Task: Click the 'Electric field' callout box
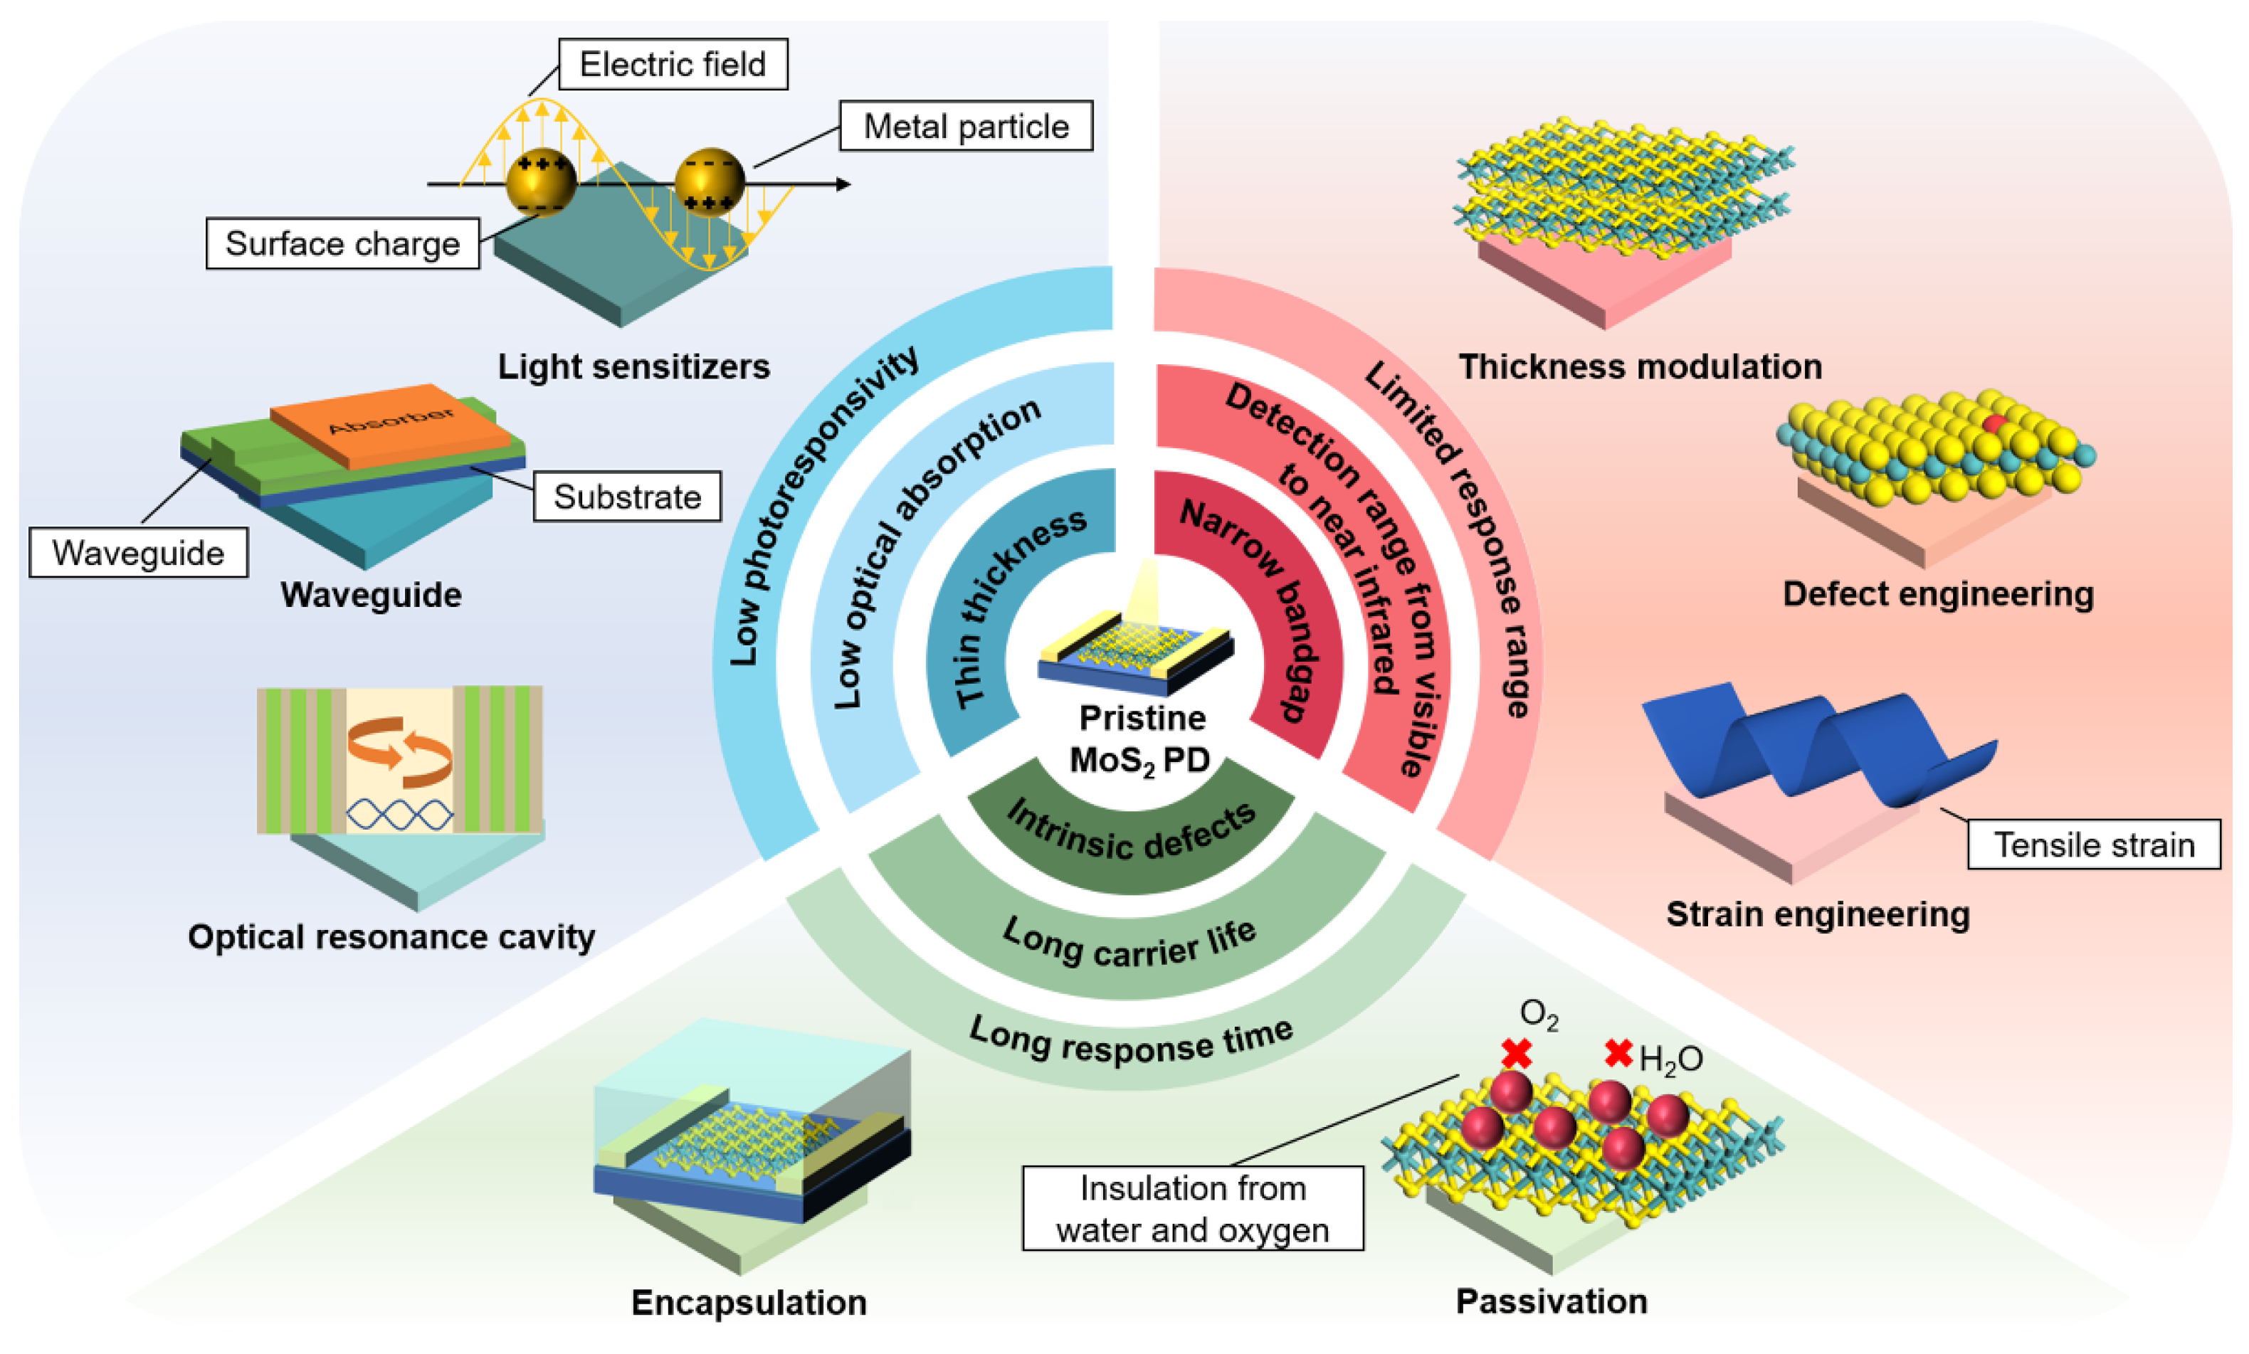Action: (x=673, y=64)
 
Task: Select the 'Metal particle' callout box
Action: (x=965, y=126)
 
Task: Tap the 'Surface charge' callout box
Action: (x=342, y=243)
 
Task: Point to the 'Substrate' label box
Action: (x=627, y=497)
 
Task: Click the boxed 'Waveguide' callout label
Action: (x=138, y=553)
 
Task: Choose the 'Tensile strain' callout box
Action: (x=2093, y=845)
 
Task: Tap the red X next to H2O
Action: (x=1618, y=1053)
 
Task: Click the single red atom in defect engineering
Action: (x=1994, y=423)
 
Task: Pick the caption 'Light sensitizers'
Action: (x=633, y=367)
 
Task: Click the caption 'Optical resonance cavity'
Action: (x=391, y=937)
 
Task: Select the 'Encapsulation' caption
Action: (x=748, y=1303)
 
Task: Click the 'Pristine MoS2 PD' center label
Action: (x=1140, y=739)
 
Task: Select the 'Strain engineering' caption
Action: (x=1818, y=914)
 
